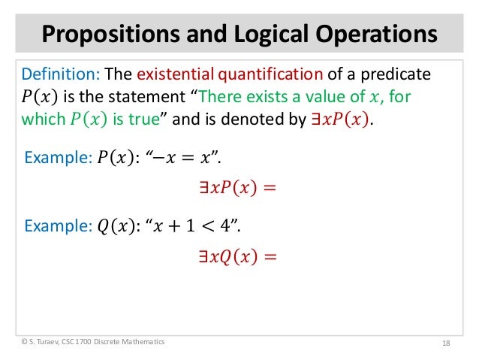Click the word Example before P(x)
pos(57,157)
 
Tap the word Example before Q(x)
pos(57,225)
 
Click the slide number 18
pos(446,343)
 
